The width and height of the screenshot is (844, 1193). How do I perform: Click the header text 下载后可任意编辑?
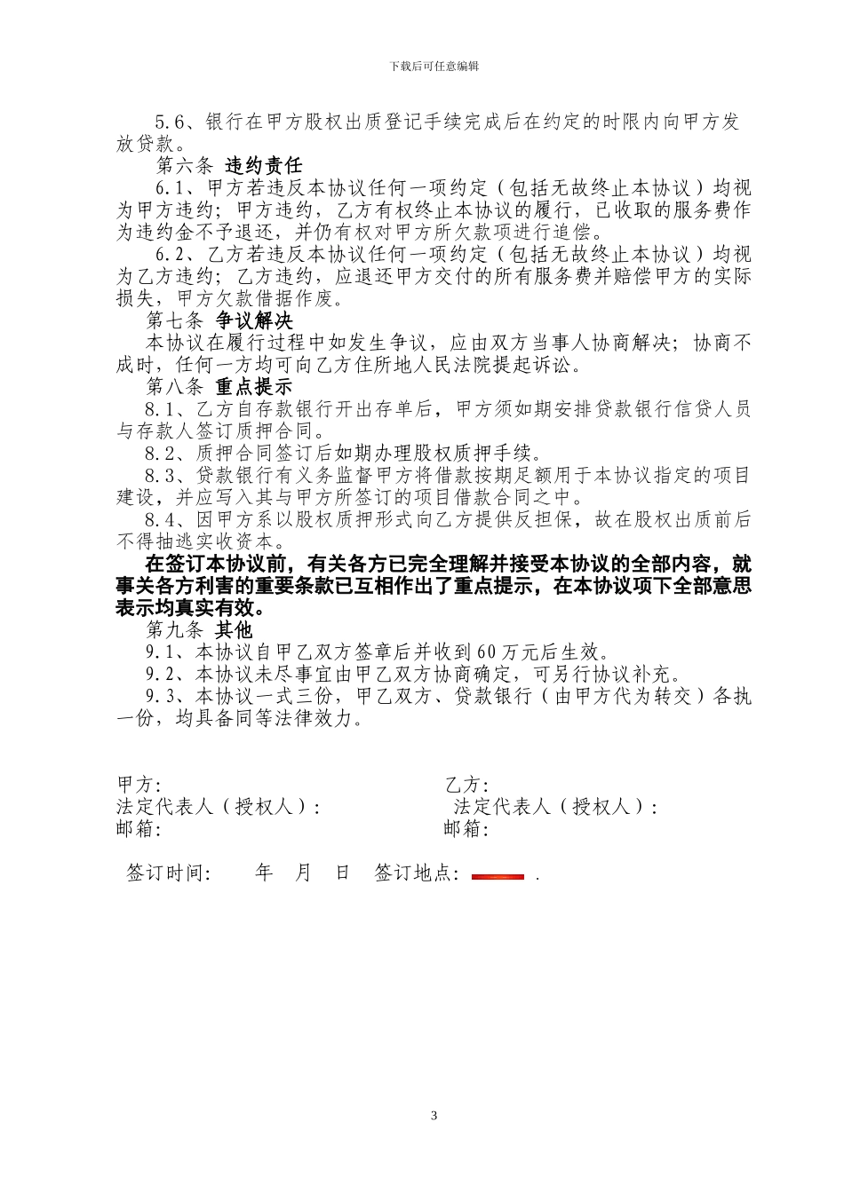pyautogui.click(x=434, y=67)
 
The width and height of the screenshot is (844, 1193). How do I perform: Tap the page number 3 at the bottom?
pyautogui.click(x=434, y=1116)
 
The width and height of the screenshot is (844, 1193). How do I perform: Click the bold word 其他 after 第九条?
pyautogui.click(x=234, y=630)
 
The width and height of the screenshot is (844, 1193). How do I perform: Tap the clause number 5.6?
pyautogui.click(x=169, y=122)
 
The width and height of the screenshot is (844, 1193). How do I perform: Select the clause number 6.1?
pyautogui.click(x=169, y=188)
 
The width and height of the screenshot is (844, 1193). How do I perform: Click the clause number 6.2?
pyautogui.click(x=169, y=255)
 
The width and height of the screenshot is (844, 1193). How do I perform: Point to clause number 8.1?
pyautogui.click(x=159, y=409)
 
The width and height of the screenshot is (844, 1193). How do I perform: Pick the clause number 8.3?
pyautogui.click(x=159, y=476)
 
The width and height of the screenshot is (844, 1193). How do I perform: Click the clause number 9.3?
pyautogui.click(x=159, y=697)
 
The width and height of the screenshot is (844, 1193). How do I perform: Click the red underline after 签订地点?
pyautogui.click(x=498, y=877)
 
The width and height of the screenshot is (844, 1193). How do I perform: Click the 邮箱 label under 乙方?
pyautogui.click(x=466, y=828)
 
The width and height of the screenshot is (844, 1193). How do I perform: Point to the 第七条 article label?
pyautogui.click(x=174, y=320)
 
